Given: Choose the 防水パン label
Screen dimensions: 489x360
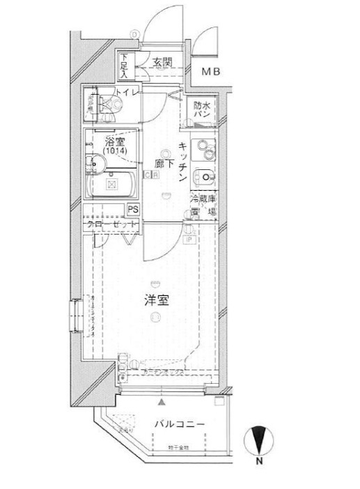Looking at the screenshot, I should pos(202,110).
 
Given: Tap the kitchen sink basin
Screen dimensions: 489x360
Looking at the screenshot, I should pos(204,176).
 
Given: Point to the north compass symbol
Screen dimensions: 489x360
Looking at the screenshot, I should pos(258,442).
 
